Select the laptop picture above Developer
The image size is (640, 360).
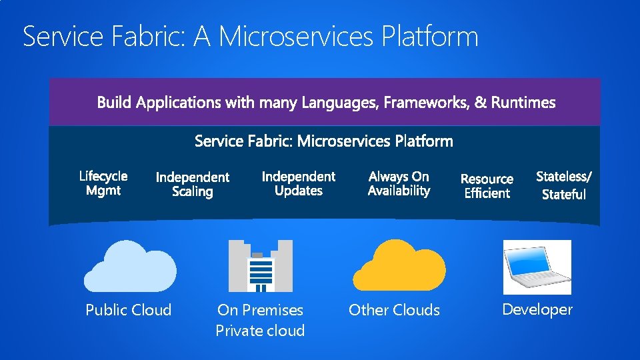tap(537, 267)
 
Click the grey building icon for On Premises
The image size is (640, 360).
tap(260, 266)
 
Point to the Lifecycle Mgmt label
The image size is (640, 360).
tap(103, 183)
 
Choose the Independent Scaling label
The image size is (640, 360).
tap(192, 185)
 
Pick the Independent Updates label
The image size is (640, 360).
tap(299, 183)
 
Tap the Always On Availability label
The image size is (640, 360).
tap(399, 183)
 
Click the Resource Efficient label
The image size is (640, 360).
tap(487, 186)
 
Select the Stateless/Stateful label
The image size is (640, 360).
tap(564, 185)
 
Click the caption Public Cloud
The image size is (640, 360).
tap(129, 310)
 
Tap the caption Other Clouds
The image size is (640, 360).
tap(394, 310)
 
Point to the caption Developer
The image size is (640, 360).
tap(537, 309)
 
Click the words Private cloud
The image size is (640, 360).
tap(260, 331)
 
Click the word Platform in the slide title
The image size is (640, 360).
tap(431, 37)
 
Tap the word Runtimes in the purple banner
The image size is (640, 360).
tap(524, 103)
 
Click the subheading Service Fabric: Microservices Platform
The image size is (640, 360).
tap(324, 141)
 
